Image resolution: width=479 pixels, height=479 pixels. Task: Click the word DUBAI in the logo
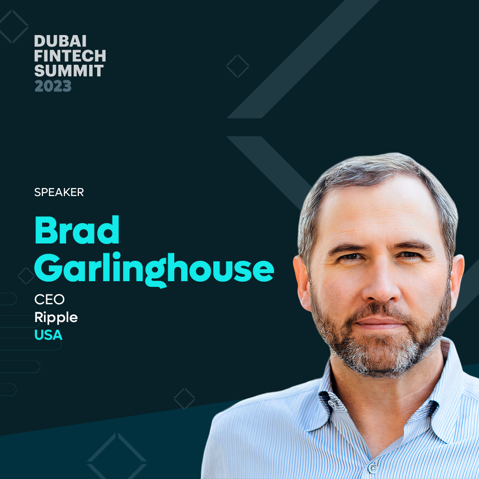[x=60, y=41]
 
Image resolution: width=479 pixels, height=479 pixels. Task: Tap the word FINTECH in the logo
[x=70, y=56]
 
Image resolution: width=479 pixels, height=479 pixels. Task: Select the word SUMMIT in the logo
[x=69, y=71]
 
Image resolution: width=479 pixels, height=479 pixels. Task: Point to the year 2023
[x=53, y=86]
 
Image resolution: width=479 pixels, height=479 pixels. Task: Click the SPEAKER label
[x=59, y=192]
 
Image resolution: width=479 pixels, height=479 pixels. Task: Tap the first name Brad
[x=77, y=230]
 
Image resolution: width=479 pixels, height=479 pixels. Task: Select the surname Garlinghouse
[x=154, y=270]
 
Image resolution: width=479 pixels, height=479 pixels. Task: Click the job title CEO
[x=50, y=299]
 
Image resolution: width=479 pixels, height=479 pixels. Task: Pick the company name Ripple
[x=56, y=318]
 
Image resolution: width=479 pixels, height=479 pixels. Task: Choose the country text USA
[x=48, y=335]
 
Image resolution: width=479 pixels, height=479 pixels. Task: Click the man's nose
[x=381, y=287]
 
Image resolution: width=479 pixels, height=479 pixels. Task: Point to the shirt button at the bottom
[x=373, y=468]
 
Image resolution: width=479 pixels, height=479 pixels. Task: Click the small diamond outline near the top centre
[x=238, y=66]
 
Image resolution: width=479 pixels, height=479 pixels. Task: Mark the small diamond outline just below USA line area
[x=185, y=399]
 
